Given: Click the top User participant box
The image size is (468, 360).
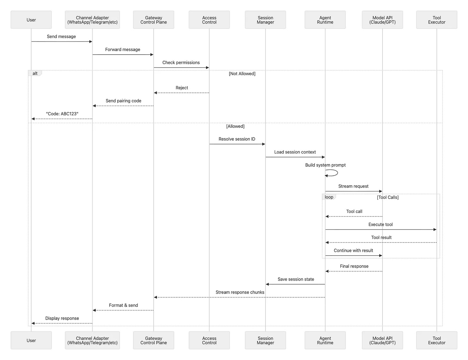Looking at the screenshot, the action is tap(31, 20).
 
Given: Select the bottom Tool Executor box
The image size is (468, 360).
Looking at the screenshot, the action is tap(437, 340).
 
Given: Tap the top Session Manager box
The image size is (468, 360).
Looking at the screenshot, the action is tap(265, 20).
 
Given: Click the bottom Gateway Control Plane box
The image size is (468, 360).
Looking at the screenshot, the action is tap(154, 340).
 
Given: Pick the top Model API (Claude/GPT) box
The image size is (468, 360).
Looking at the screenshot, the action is tap(382, 20).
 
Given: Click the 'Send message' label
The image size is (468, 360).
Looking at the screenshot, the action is tap(61, 37).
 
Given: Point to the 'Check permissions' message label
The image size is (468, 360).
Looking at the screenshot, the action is tap(181, 63).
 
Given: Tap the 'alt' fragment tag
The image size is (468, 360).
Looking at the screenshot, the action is tap(35, 74).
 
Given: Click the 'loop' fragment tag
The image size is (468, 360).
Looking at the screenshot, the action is tap(329, 197).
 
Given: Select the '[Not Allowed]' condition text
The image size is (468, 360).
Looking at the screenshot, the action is tap(242, 74).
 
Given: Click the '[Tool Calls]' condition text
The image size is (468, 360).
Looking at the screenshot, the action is tap(388, 198).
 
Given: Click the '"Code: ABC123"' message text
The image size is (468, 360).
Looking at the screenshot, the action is tap(62, 114).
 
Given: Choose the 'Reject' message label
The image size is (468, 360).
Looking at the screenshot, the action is tap(182, 88).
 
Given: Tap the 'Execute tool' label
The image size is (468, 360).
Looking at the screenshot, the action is tap(381, 224).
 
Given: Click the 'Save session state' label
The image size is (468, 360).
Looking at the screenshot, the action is tap(296, 279).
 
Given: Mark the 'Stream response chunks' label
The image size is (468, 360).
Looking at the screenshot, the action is tap(240, 292).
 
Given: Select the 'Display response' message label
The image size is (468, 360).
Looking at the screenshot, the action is tap(62, 318).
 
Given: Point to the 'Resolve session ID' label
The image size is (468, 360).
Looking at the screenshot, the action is tap(237, 139).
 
